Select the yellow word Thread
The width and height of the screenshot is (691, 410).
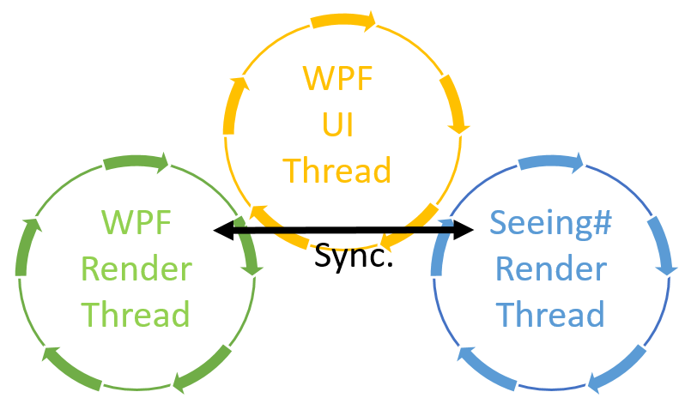tap(338, 169)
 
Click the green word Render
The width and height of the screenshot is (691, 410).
tap(136, 269)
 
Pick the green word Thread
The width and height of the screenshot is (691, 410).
tap(136, 315)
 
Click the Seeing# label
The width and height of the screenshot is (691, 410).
tap(550, 223)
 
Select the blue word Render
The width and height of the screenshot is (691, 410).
tap(550, 269)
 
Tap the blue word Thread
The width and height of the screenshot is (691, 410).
tap(550, 315)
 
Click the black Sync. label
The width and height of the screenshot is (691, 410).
tap(354, 255)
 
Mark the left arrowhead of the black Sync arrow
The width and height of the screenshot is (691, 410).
tap(222, 229)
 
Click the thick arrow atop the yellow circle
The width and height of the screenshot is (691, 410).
tap(342, 20)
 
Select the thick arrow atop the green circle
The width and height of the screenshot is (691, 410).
tap(136, 161)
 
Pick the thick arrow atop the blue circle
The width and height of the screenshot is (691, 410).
tap(551, 161)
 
